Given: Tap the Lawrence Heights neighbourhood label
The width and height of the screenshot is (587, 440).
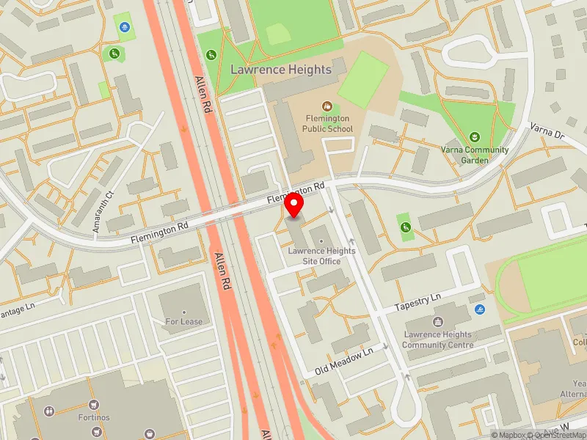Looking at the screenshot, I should (x=281, y=70).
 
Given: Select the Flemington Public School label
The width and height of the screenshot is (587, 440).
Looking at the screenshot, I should (x=327, y=123).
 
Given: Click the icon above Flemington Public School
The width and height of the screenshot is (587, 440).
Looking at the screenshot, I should (x=327, y=106).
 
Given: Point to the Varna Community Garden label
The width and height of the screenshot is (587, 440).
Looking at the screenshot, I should (x=475, y=155).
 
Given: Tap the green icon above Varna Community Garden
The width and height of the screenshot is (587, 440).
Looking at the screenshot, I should (x=475, y=137).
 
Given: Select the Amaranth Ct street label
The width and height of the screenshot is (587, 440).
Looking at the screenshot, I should (x=101, y=212).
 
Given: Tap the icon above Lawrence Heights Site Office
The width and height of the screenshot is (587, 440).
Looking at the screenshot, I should (x=320, y=240).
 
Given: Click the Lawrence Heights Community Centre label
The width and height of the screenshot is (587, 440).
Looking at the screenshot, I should (x=437, y=340).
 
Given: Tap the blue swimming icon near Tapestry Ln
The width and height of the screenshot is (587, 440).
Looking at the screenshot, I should (x=480, y=310).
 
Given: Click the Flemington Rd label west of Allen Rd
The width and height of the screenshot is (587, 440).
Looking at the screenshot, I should (x=159, y=233).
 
